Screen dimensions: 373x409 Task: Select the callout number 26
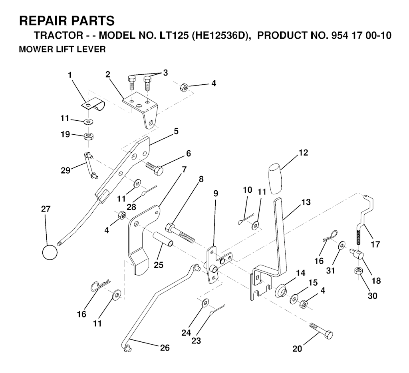click(165, 348)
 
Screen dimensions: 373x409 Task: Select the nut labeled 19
click(89, 136)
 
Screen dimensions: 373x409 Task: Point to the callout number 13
click(306, 203)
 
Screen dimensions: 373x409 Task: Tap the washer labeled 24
click(205, 303)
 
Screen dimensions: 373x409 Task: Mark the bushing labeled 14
click(280, 289)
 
